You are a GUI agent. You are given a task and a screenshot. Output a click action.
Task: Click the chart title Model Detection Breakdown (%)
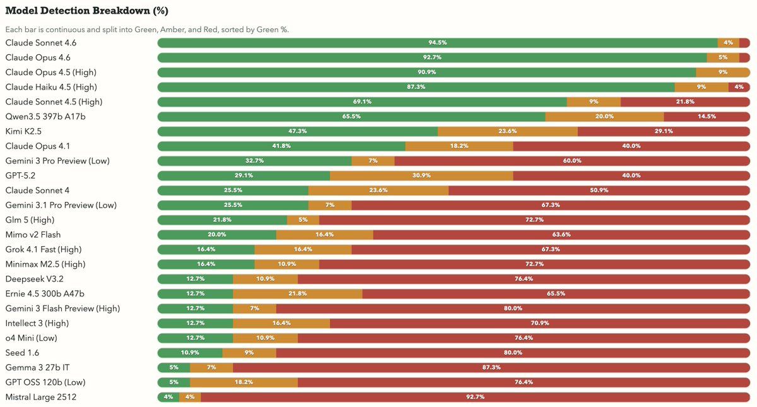(86, 11)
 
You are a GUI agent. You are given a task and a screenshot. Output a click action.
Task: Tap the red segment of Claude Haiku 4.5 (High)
(739, 87)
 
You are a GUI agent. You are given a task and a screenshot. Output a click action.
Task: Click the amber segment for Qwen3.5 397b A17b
(604, 117)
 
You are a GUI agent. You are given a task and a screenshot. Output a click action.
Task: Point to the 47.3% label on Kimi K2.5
(297, 131)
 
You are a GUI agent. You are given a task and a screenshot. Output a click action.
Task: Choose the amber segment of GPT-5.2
(421, 175)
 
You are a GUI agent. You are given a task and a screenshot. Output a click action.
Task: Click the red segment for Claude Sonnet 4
(599, 190)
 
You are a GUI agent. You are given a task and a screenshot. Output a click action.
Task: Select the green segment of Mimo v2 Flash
(216, 235)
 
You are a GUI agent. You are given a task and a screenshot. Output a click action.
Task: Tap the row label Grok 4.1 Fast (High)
(44, 249)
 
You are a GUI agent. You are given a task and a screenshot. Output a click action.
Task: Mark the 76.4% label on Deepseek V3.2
(524, 279)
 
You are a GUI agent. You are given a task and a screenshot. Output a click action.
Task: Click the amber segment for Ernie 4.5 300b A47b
(297, 293)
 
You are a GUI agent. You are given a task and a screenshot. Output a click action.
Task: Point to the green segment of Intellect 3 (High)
(195, 323)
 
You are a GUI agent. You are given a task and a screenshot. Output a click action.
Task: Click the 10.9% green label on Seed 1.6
(190, 353)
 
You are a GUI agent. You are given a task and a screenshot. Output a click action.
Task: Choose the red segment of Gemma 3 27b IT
(491, 367)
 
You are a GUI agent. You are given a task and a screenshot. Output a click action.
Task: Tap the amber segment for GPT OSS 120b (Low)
(244, 382)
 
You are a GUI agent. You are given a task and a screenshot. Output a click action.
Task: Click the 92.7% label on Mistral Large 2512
(475, 397)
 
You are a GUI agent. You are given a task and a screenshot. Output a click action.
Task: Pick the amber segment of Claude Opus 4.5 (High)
(722, 73)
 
